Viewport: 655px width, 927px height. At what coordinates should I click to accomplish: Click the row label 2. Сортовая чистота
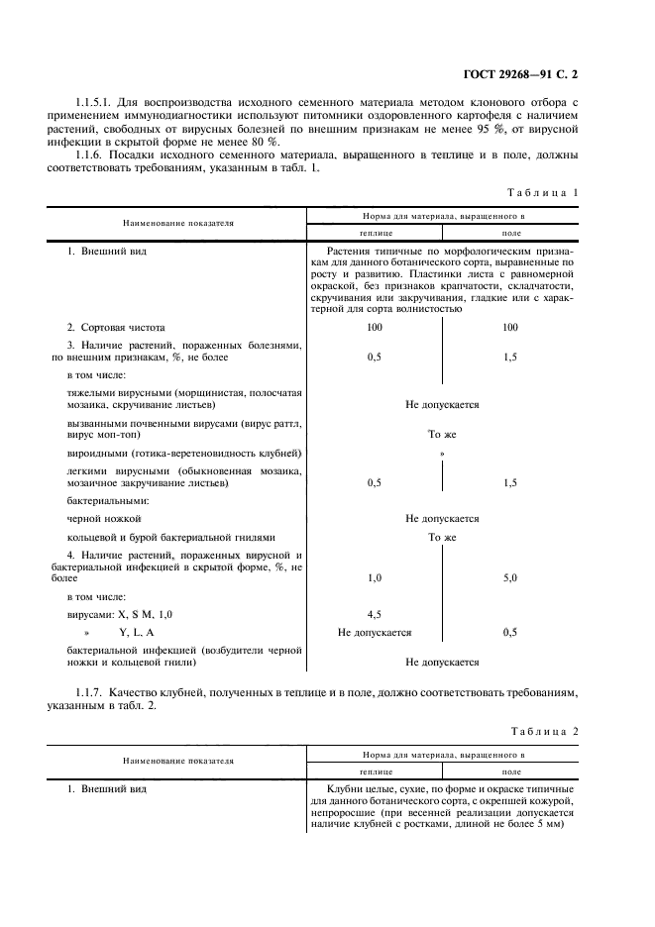coord(115,327)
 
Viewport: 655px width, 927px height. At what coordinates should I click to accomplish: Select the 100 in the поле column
coord(509,327)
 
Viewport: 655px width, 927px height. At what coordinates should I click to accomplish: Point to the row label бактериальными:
coord(107,500)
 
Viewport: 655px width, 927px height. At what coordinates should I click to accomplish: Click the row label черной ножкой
coord(104,518)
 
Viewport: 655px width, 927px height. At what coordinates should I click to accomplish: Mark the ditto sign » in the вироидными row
coord(442,453)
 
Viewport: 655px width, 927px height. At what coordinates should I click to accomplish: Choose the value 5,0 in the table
coord(509,577)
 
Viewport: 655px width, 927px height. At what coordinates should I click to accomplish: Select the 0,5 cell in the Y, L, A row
coord(509,632)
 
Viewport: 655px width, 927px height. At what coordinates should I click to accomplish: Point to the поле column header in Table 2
coord(511,771)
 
